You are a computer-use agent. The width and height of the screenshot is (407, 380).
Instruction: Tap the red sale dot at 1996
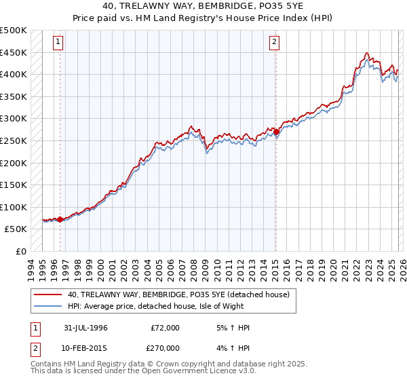click(x=60, y=219)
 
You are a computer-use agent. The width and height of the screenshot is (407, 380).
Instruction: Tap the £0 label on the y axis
click(x=22, y=251)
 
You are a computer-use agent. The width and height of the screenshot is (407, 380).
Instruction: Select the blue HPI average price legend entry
click(x=163, y=305)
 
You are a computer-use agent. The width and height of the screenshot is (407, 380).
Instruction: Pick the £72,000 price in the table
click(x=164, y=328)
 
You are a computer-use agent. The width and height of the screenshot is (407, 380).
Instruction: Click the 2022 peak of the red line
click(x=366, y=53)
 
